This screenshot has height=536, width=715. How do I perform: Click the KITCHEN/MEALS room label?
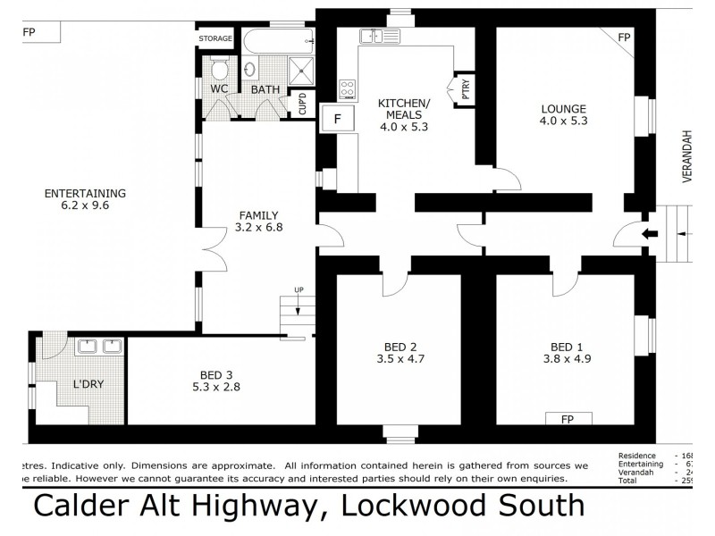click(x=404, y=113)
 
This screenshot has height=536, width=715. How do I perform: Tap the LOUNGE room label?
click(x=563, y=113)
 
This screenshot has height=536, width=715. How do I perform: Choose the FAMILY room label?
click(x=259, y=221)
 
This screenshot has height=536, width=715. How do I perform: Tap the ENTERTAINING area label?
click(x=85, y=198)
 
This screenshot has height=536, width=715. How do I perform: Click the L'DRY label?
click(x=88, y=384)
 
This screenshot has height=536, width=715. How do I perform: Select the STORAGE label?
click(x=215, y=38)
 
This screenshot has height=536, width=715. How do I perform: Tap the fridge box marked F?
click(x=338, y=118)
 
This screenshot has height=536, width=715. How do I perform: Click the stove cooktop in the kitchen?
click(x=348, y=90)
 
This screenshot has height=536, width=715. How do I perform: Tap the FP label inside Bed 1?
click(x=566, y=418)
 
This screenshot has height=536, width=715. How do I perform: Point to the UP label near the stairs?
click(x=300, y=289)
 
